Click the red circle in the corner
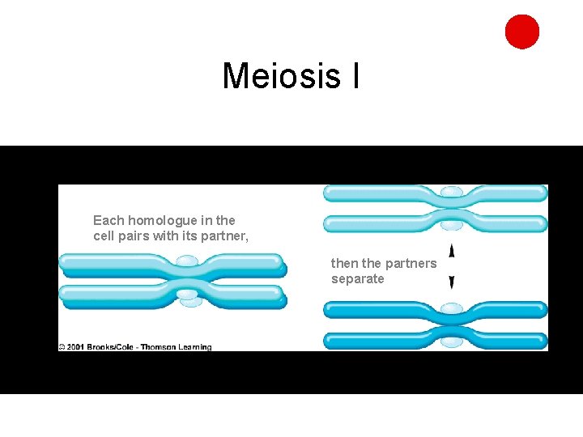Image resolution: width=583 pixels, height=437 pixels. coord(522,32)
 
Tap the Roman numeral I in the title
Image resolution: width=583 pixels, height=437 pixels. coord(355,76)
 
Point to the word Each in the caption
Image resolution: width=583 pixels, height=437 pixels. coord(108,220)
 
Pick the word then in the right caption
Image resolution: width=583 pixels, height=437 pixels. coord(344,263)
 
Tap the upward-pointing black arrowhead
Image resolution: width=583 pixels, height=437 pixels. coord(452,251)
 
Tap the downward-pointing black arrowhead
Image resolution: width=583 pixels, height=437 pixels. coord(452,282)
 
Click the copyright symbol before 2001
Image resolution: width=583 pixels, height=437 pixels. coord(62,347)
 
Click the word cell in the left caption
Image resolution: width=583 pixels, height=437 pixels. coord(103,236)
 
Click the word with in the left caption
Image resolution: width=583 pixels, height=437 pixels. coord(163,236)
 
